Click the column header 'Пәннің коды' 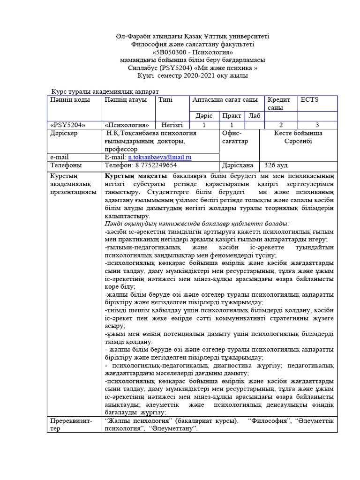coord(67,100)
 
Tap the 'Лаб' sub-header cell coord(254,116)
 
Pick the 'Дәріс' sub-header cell coord(204,116)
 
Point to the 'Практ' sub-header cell coord(232,116)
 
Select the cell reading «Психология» coord(127,125)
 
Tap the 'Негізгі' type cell coord(172,125)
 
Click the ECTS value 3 coord(317,125)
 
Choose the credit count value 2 coord(281,125)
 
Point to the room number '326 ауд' coord(276,165)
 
